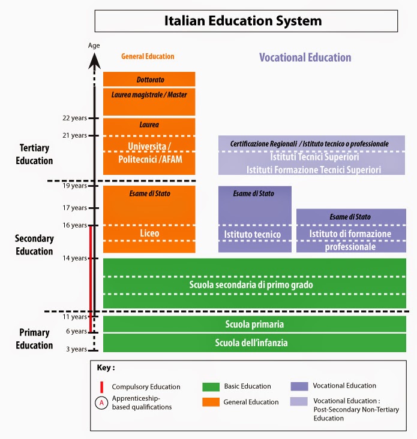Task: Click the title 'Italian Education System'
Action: pos(243,21)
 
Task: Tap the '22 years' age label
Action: pos(74,118)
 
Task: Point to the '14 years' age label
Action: pos(74,258)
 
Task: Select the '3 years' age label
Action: pos(76,349)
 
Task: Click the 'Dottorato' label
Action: pos(149,79)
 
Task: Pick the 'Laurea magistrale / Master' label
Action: pos(149,94)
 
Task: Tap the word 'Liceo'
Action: pos(149,232)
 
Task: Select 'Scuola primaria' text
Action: pos(254,324)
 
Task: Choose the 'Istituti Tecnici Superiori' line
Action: pos(314,158)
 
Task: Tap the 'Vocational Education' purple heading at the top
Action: pos(305,57)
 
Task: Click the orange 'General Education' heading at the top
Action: pos(148,56)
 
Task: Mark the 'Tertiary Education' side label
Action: pos(35,154)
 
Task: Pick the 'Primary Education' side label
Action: pos(35,339)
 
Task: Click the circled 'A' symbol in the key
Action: pos(102,402)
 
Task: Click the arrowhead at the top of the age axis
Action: pos(94,58)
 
